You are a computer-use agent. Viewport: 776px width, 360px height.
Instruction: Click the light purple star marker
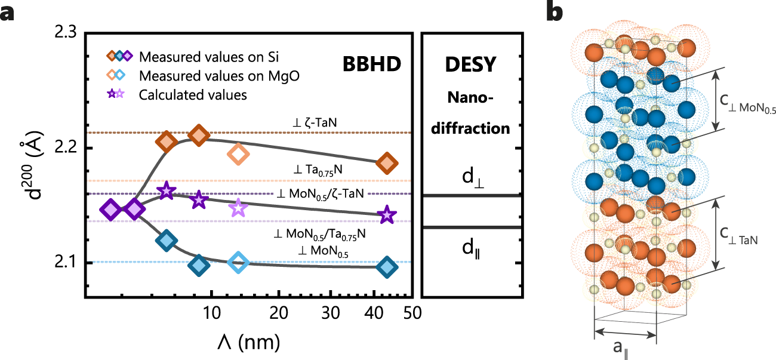click(238, 208)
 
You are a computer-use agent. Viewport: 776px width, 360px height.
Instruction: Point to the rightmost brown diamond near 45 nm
click(387, 162)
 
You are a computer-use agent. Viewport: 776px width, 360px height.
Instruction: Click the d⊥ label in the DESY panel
click(470, 177)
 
